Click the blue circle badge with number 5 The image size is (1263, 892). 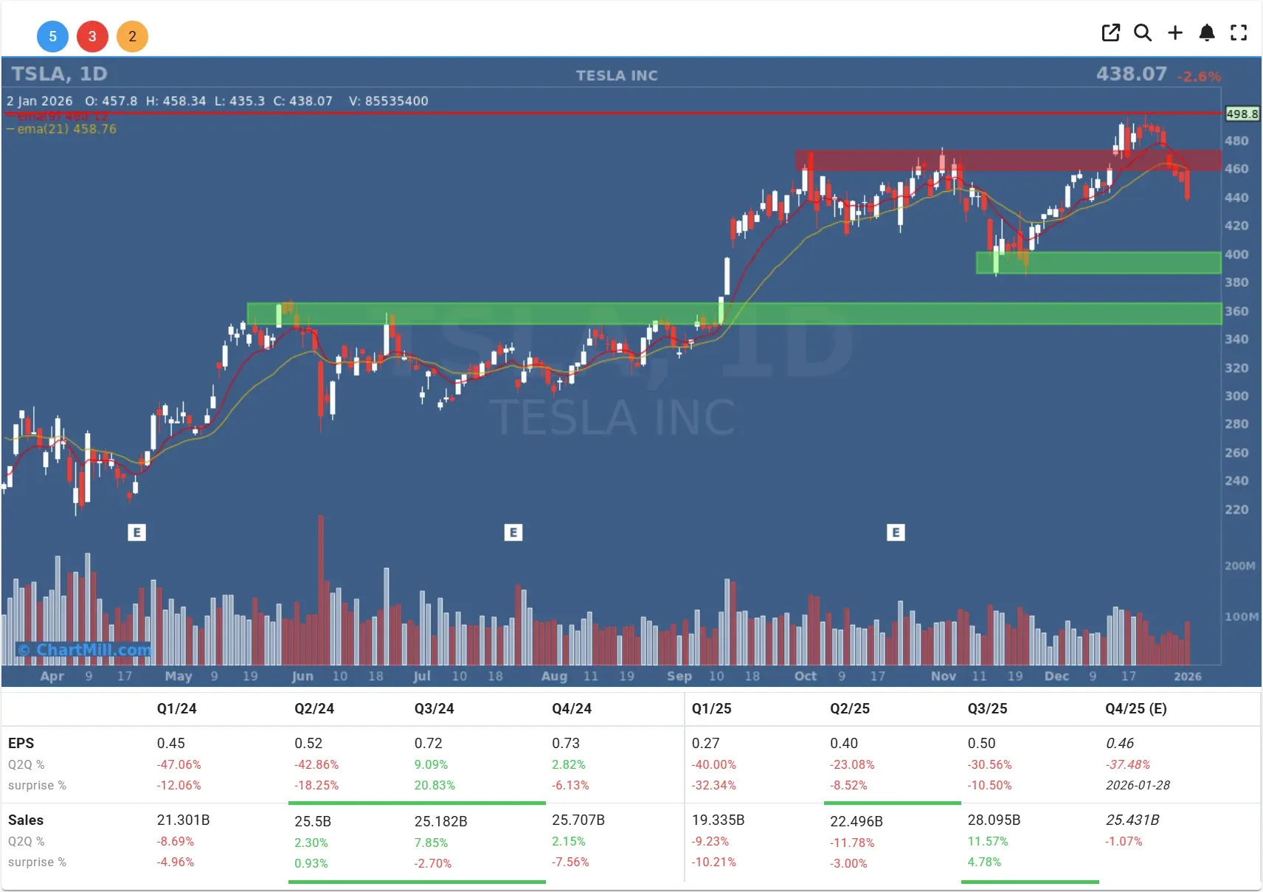click(x=52, y=36)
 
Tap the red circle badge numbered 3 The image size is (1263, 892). click(x=92, y=36)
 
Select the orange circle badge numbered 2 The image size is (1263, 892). click(x=132, y=36)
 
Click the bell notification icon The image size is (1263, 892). click(x=1207, y=32)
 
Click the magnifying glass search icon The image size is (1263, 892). click(x=1143, y=32)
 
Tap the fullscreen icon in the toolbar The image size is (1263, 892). click(x=1239, y=32)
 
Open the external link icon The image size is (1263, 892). click(x=1110, y=32)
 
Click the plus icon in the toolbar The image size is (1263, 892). click(x=1175, y=32)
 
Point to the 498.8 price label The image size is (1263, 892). click(x=1242, y=114)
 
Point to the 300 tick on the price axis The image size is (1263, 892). click(x=1236, y=396)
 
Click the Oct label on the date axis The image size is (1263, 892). click(x=805, y=676)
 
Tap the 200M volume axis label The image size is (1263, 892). click(x=1239, y=566)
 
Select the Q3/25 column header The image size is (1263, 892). click(x=987, y=709)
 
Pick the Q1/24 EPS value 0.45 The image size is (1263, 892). click(x=170, y=743)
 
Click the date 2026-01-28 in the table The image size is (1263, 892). click(x=1138, y=785)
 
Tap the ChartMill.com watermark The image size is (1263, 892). click(x=85, y=650)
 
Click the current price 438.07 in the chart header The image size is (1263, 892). click(x=1131, y=74)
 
